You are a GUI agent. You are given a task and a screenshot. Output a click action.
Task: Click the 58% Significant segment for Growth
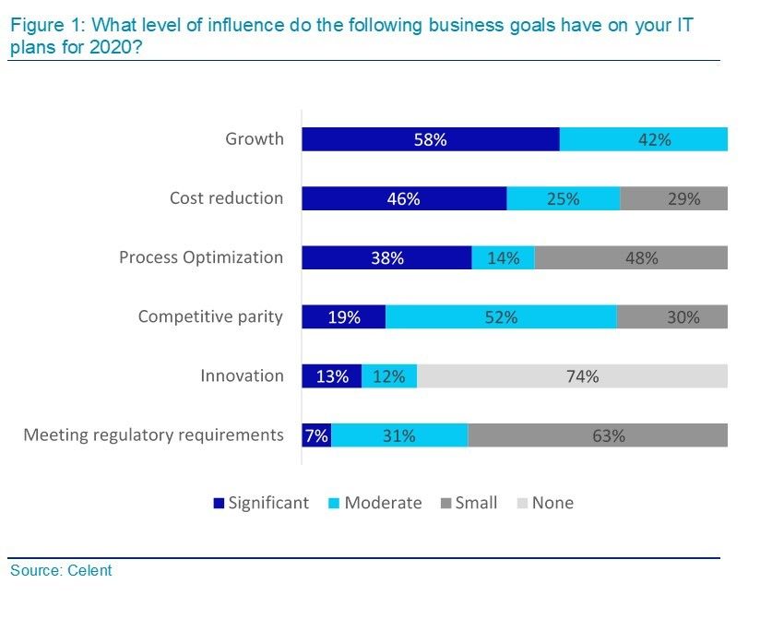point(431,139)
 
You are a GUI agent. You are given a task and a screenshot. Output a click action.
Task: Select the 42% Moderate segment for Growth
point(643,139)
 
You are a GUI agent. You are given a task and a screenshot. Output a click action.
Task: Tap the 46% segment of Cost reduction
point(404,198)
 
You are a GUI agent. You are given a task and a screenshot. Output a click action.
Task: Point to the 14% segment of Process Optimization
point(503,257)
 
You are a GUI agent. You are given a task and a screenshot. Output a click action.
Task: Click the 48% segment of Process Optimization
point(631,257)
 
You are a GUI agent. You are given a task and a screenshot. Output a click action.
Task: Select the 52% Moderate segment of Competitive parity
point(501,316)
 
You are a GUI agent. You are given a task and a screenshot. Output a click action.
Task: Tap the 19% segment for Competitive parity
point(344,316)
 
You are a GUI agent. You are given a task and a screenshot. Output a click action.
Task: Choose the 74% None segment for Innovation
point(572,375)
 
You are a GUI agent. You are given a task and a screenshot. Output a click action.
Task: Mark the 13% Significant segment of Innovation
point(332,375)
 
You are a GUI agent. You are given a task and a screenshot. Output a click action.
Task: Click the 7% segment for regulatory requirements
point(316,435)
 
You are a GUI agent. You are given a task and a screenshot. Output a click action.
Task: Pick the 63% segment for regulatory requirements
point(598,435)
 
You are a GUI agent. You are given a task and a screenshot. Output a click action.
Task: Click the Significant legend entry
point(261,503)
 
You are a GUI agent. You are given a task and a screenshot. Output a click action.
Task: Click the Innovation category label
point(242,375)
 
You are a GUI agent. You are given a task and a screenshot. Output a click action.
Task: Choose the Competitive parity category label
point(210,316)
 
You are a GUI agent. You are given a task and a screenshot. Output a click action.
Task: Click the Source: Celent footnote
point(61,570)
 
